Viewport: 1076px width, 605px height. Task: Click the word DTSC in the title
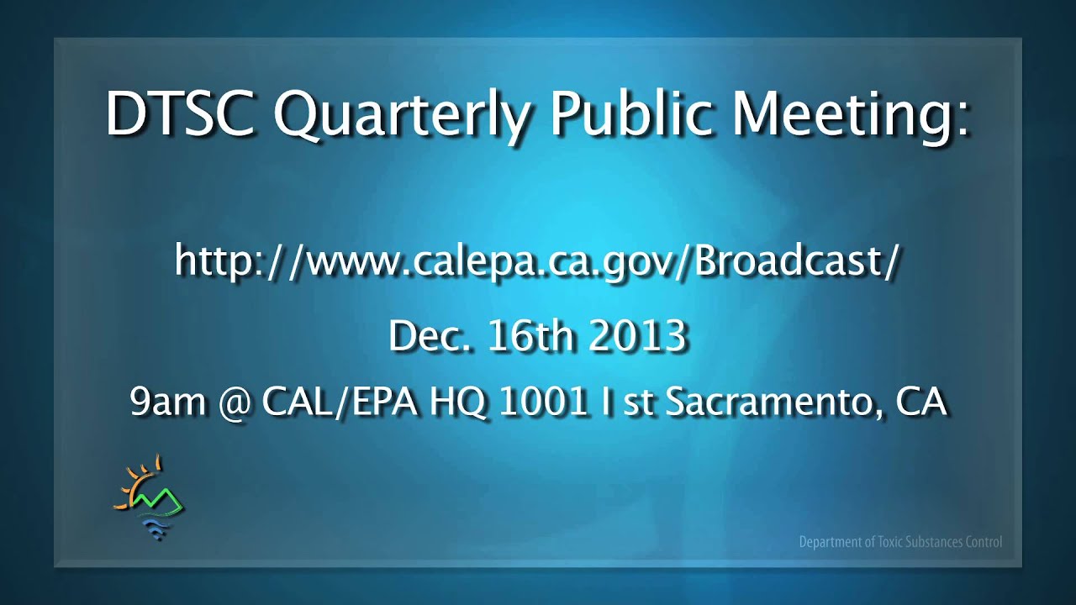coord(179,114)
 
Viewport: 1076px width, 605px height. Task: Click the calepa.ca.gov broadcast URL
coord(538,261)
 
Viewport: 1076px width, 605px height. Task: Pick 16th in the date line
coord(529,336)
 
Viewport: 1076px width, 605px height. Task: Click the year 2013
coord(638,336)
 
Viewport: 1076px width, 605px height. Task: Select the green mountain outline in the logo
coord(160,500)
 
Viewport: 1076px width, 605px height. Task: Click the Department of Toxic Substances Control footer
coord(900,542)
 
